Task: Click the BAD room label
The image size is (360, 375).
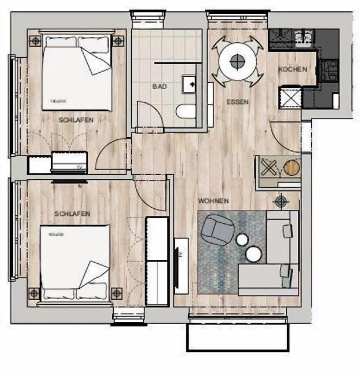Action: [x=159, y=86]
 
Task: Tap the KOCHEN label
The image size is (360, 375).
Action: [x=293, y=69]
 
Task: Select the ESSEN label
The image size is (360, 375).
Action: [x=237, y=102]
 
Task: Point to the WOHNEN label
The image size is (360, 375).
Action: [x=213, y=201]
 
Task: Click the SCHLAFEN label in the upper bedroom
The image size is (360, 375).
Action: [x=76, y=120]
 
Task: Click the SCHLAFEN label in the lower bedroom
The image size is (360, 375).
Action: [x=72, y=214]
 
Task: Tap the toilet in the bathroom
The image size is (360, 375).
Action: [x=186, y=111]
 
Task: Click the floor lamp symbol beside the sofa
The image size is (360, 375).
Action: [x=281, y=202]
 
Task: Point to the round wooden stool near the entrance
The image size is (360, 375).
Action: [x=292, y=167]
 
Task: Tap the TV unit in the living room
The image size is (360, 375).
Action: [x=181, y=265]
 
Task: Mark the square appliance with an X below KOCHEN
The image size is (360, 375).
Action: [x=290, y=97]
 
